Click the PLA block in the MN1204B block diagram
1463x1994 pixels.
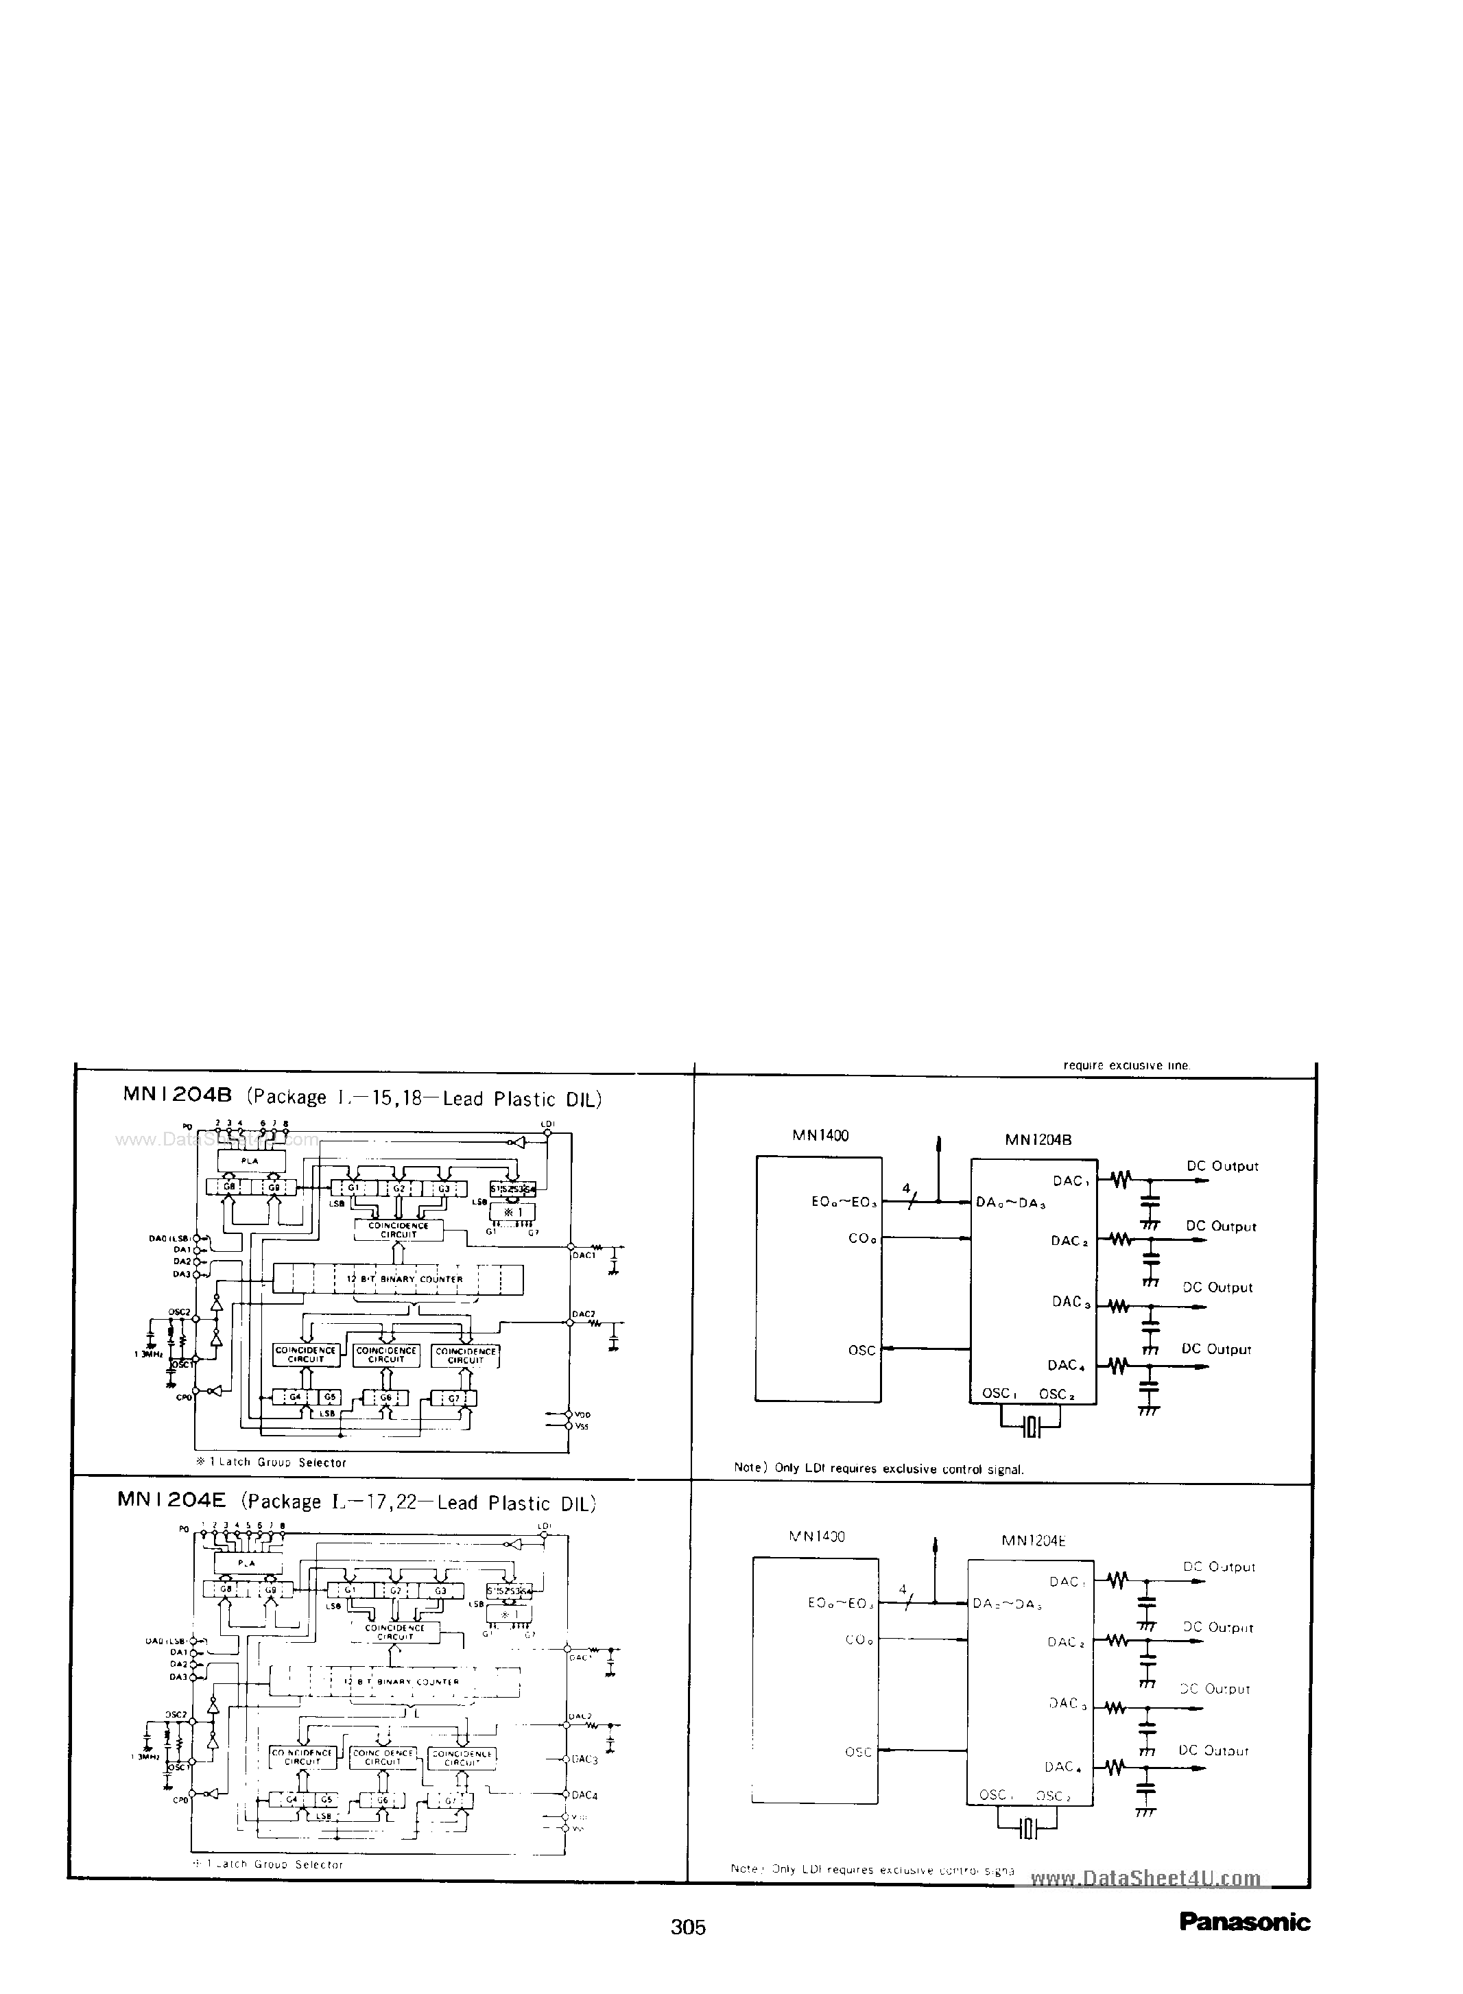[250, 1160]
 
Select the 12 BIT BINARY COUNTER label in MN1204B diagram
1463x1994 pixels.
[405, 1279]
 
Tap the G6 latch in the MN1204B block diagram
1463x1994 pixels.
[386, 1397]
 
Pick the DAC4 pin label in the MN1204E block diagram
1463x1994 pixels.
[584, 1795]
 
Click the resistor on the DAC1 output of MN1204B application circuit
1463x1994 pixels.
[1121, 1179]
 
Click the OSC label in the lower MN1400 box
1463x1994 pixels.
[857, 1751]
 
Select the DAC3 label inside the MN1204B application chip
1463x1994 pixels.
[1069, 1302]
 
